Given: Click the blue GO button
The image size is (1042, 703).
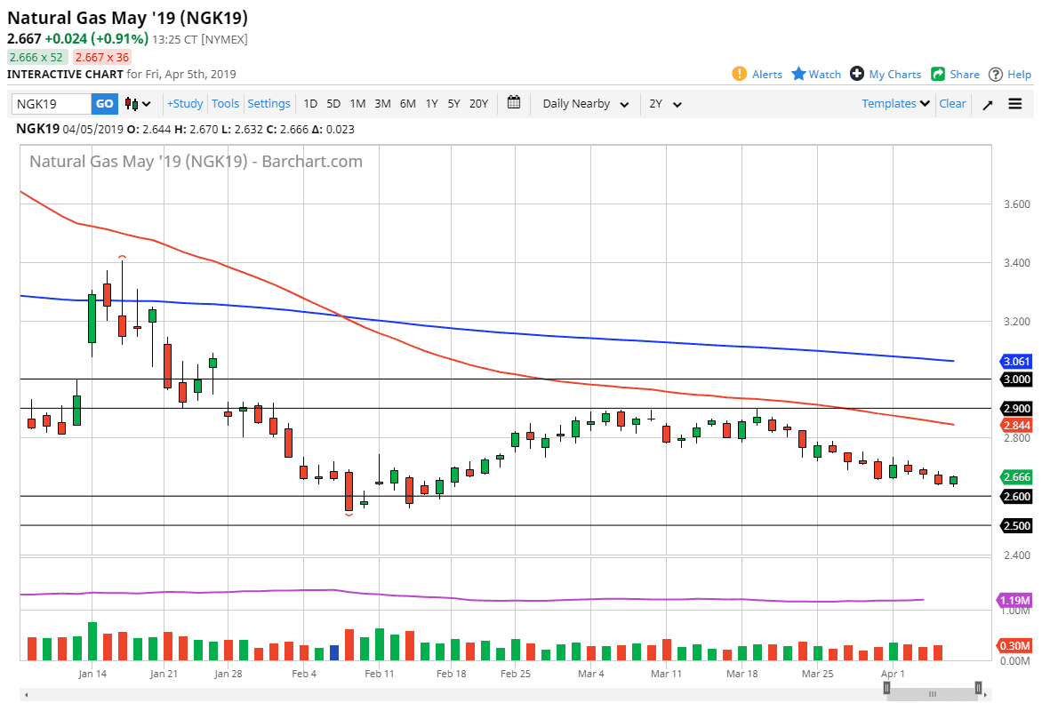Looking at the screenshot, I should [x=104, y=104].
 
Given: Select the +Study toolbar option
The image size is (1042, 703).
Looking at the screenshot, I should [x=185, y=104].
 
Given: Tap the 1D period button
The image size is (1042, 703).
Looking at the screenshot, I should [x=310, y=104].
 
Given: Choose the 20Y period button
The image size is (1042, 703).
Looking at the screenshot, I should [x=478, y=104].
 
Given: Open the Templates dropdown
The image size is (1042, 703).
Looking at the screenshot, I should [x=895, y=104].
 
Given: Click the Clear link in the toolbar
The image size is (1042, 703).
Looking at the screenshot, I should [x=952, y=104].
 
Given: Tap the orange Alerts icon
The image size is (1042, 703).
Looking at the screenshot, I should [x=740, y=74].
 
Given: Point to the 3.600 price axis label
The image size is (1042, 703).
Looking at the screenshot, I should [x=1016, y=204].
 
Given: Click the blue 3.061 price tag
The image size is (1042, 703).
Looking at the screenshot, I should [x=1016, y=362].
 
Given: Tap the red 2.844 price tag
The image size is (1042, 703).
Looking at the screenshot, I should [x=1016, y=425].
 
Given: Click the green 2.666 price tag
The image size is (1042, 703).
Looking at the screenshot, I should [x=1016, y=477].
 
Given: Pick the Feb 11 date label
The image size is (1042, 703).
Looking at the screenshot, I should [x=379, y=674].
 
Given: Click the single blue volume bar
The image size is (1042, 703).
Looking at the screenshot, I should [x=334, y=652].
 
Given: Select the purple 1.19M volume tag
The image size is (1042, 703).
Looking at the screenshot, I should [x=1014, y=600].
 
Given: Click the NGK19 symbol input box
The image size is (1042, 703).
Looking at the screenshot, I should [x=52, y=104].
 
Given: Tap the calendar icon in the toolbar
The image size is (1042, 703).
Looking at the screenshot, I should [x=514, y=103].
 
